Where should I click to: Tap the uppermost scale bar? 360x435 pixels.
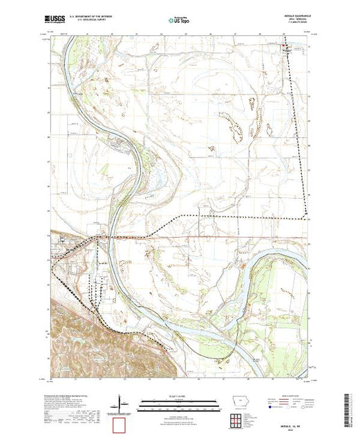click(x=178, y=398)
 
